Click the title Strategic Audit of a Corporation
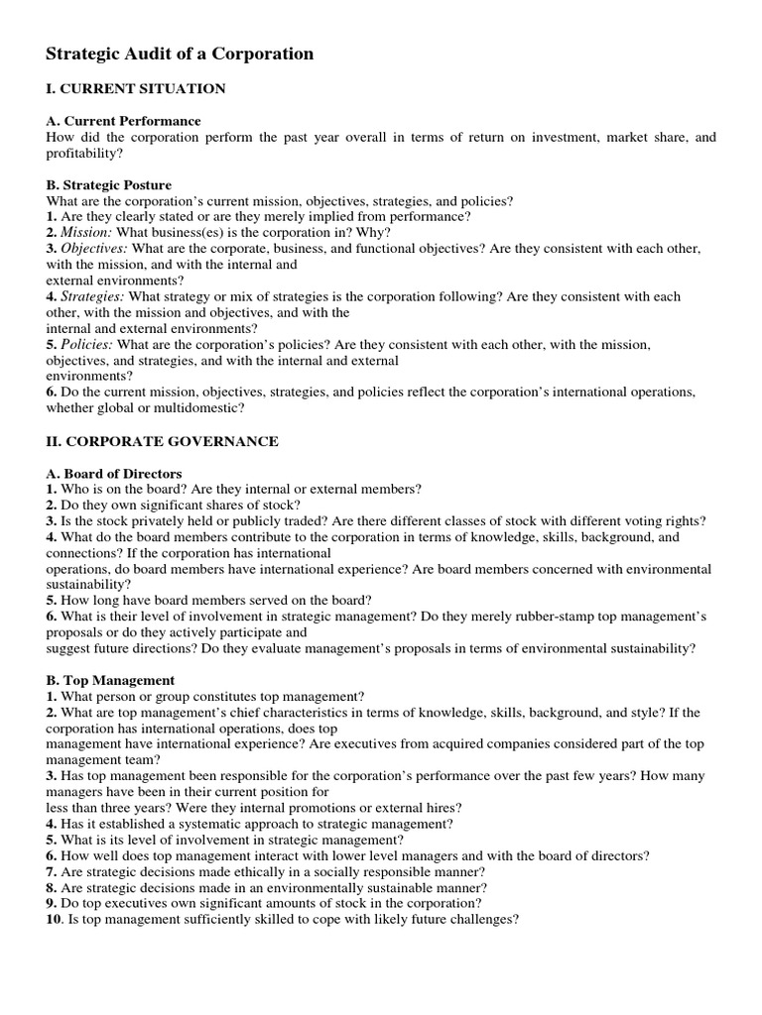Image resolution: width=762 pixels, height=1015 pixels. click(x=180, y=55)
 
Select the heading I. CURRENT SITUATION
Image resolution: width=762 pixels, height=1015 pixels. click(x=136, y=89)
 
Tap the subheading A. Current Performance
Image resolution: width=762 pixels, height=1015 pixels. click(x=124, y=121)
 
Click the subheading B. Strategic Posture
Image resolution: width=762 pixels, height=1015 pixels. click(x=109, y=185)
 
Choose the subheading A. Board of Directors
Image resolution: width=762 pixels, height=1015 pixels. click(x=114, y=474)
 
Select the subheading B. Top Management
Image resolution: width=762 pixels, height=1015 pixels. click(x=110, y=680)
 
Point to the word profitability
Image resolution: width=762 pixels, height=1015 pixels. click(x=82, y=154)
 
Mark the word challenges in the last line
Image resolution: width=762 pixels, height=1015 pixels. click(x=483, y=919)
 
